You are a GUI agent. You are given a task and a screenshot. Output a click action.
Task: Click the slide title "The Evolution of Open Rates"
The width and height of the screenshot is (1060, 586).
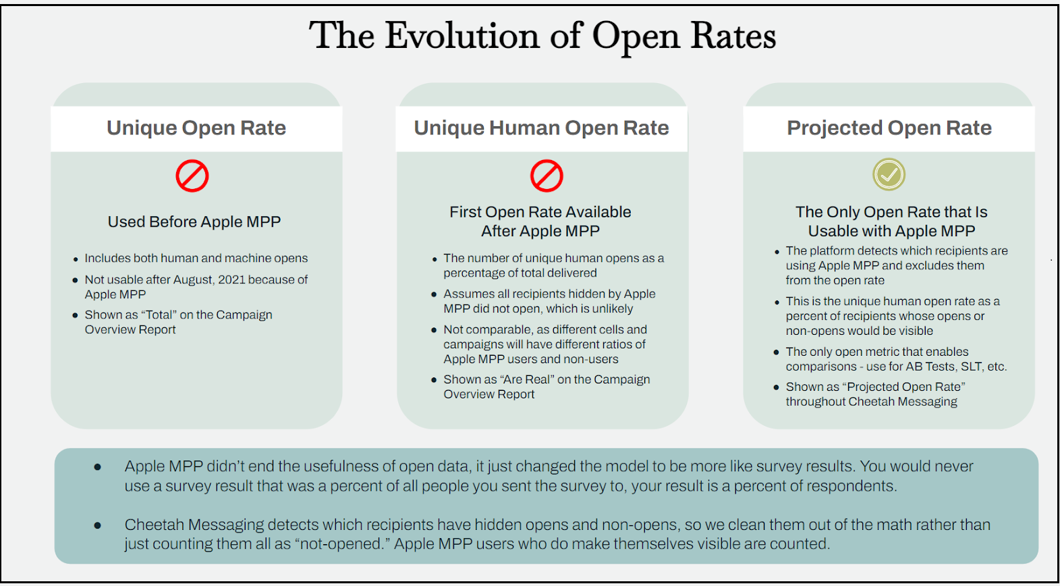pyautogui.click(x=542, y=36)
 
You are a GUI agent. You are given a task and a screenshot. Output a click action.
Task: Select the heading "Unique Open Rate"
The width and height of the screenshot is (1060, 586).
pyautogui.click(x=196, y=128)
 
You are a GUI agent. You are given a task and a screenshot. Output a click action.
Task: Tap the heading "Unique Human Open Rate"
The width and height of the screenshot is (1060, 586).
pyautogui.click(x=541, y=128)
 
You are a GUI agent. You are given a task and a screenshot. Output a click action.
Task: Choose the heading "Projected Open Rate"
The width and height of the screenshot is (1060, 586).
pyautogui.click(x=889, y=128)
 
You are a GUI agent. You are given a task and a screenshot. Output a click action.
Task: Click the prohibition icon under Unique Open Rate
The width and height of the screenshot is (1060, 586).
pyautogui.click(x=192, y=176)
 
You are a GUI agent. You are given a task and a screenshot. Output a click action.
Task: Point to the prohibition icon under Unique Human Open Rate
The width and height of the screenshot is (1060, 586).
pyautogui.click(x=547, y=176)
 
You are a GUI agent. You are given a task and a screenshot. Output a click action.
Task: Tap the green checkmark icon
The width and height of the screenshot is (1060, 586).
pyautogui.click(x=889, y=175)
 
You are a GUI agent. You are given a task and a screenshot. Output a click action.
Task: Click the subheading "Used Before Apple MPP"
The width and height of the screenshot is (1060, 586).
pyautogui.click(x=194, y=221)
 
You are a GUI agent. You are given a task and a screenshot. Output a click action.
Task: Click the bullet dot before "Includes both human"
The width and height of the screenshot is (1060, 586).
pyautogui.click(x=76, y=259)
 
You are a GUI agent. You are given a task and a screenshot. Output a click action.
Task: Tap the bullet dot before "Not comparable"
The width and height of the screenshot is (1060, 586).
pyautogui.click(x=434, y=330)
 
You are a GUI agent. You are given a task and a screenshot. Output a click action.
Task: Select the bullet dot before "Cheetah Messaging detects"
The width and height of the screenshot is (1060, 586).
pyautogui.click(x=98, y=525)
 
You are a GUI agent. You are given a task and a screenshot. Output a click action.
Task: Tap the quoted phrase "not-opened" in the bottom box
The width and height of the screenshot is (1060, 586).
pyautogui.click(x=341, y=544)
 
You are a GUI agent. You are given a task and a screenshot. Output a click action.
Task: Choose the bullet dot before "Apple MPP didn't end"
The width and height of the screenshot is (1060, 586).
pyautogui.click(x=98, y=467)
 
